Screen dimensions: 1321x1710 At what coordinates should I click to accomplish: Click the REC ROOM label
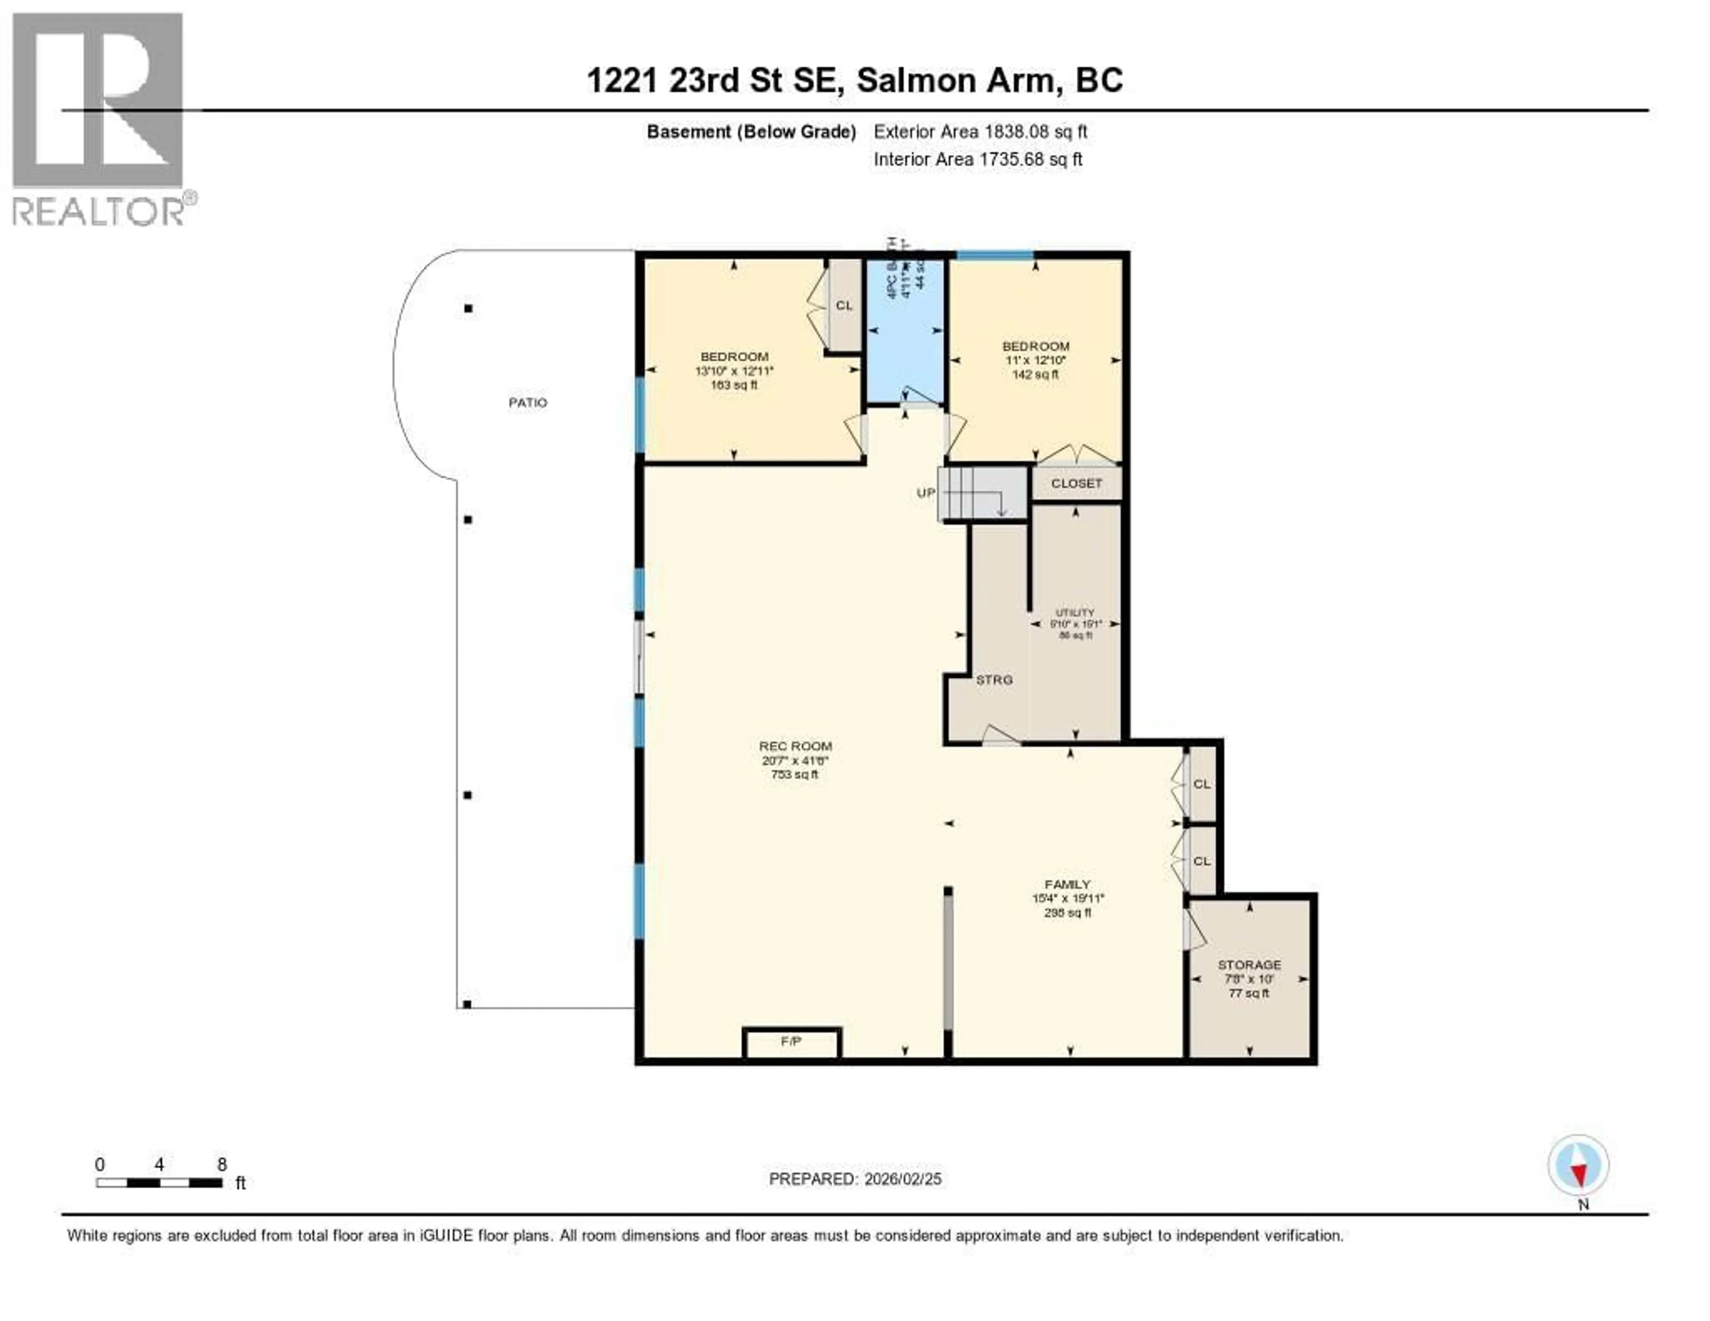coord(795,746)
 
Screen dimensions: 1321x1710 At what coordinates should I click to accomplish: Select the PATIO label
coord(528,403)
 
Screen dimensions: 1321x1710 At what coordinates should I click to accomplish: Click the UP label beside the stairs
coord(925,493)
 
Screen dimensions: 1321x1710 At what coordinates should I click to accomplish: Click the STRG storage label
coord(993,680)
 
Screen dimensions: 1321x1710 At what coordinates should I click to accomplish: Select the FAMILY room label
coord(1067,884)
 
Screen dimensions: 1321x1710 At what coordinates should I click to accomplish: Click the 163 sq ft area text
coord(733,385)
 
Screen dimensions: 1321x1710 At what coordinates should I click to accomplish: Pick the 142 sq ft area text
coord(1035,374)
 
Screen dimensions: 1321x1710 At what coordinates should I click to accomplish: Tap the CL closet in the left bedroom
coord(844,306)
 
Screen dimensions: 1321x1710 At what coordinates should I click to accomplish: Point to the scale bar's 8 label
coord(222,1164)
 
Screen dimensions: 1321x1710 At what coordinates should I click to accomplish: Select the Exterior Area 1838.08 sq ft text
coord(980,131)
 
